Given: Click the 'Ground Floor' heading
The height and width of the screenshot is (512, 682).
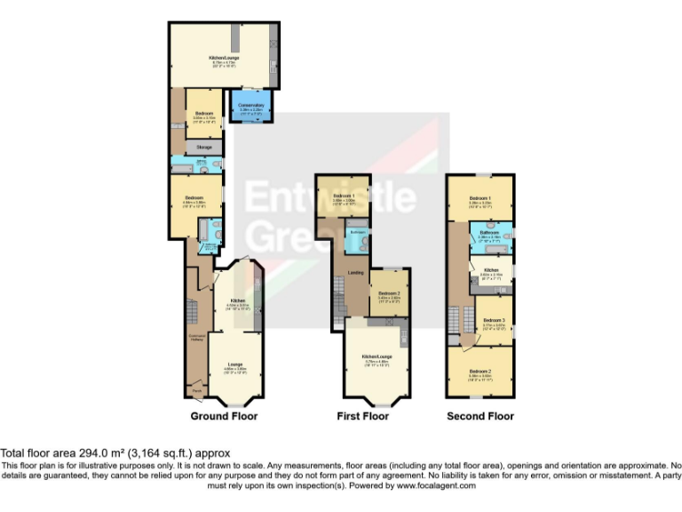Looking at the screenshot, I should [x=224, y=416].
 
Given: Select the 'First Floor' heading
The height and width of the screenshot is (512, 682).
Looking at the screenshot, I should [x=363, y=416].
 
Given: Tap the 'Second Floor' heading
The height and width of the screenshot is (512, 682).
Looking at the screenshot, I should [x=480, y=416].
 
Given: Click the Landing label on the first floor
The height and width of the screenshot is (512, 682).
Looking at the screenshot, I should [x=353, y=272].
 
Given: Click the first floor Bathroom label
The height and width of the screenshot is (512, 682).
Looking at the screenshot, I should [x=357, y=232].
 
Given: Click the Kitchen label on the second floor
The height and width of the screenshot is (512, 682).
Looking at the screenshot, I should [x=492, y=269].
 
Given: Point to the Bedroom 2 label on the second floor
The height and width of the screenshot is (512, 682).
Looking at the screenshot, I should [x=480, y=371].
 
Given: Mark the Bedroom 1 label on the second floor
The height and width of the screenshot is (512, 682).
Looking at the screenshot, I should [x=480, y=197].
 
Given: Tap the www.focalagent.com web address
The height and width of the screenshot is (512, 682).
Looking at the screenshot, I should [x=436, y=486].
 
